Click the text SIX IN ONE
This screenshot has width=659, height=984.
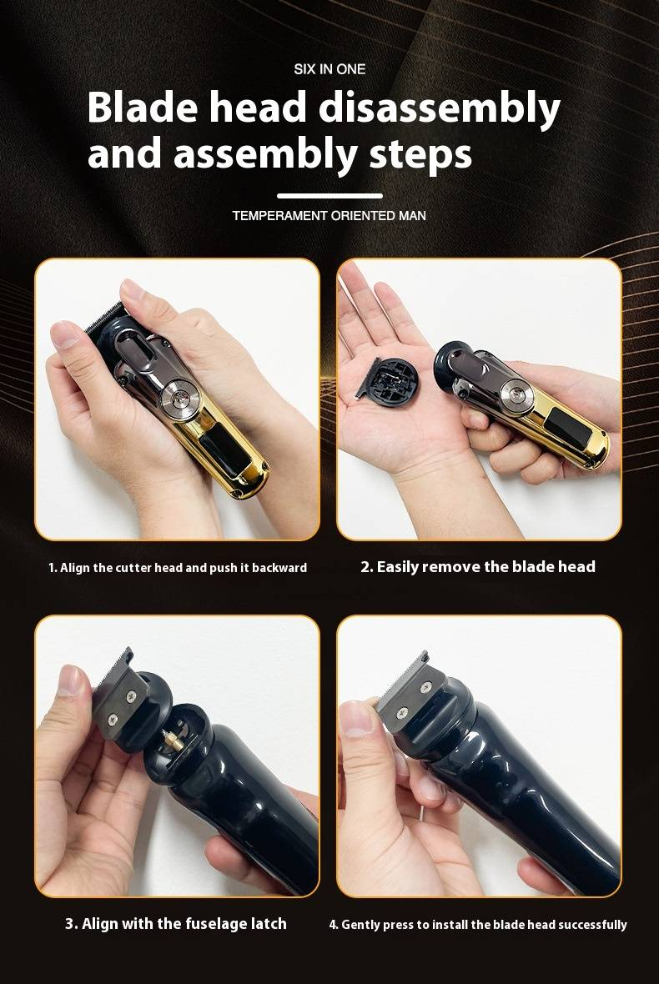coord(329,69)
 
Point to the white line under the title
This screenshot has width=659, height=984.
coord(329,196)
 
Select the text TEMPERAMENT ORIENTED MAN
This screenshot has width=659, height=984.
coord(329,216)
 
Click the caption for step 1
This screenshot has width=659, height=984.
coord(178,568)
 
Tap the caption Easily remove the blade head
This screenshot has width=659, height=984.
coord(478,567)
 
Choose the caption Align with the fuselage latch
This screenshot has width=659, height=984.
coord(176,923)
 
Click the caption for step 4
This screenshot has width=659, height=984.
coord(478,924)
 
